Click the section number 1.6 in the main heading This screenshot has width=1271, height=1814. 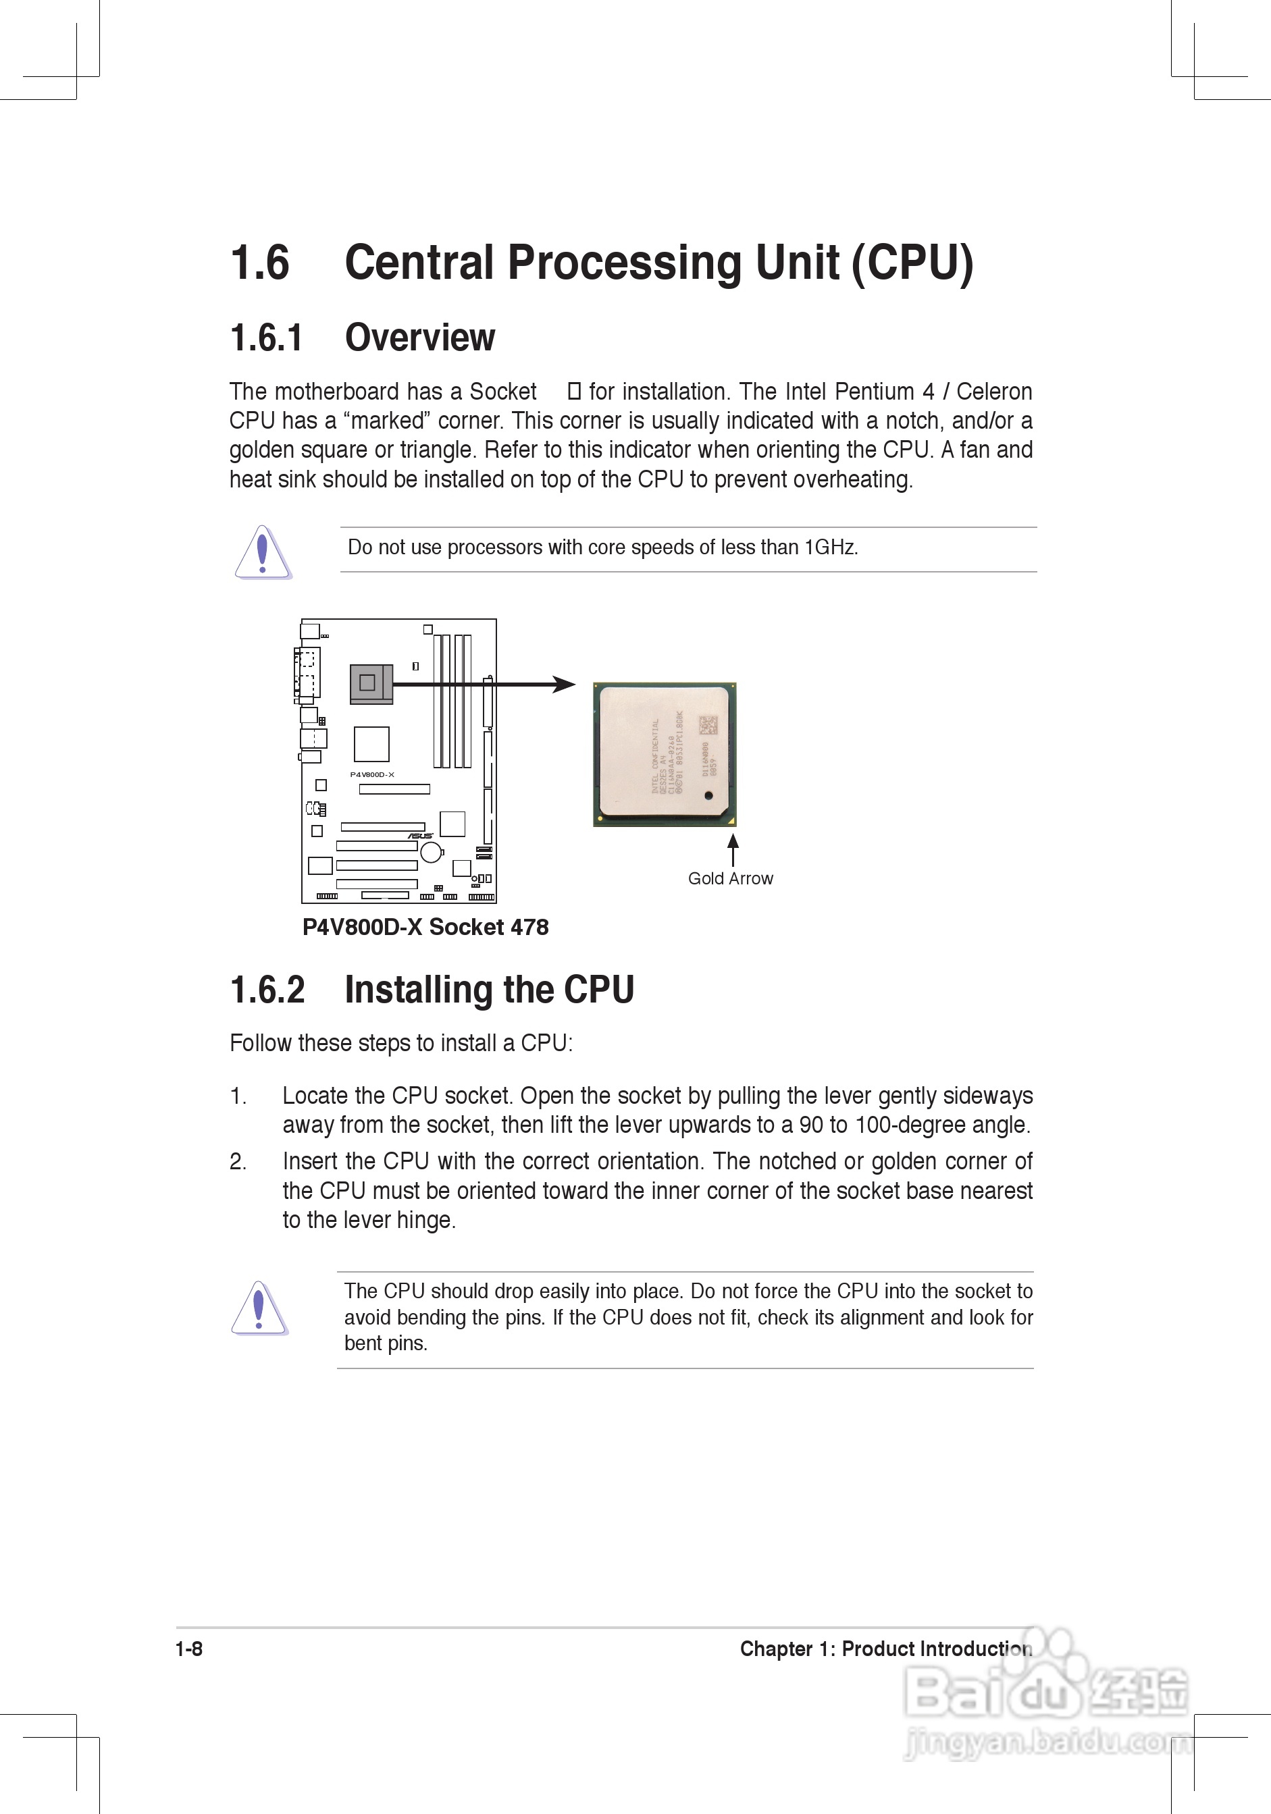click(x=259, y=263)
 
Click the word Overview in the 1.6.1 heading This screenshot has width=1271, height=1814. click(x=419, y=338)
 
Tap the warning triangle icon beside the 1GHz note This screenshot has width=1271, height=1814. click(x=263, y=552)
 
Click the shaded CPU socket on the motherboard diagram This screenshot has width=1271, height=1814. click(x=371, y=683)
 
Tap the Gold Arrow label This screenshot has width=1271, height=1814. click(x=729, y=878)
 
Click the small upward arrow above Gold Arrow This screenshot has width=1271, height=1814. click(x=733, y=849)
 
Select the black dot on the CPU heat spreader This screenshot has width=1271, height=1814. click(x=708, y=795)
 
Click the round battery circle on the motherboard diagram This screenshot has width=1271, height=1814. click(x=431, y=852)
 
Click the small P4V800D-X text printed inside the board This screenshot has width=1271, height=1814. click(x=371, y=774)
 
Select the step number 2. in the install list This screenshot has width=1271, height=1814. click(x=238, y=1161)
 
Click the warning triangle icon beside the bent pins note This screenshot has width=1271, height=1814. click(x=259, y=1308)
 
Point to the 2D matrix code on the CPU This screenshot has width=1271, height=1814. click(x=708, y=725)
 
